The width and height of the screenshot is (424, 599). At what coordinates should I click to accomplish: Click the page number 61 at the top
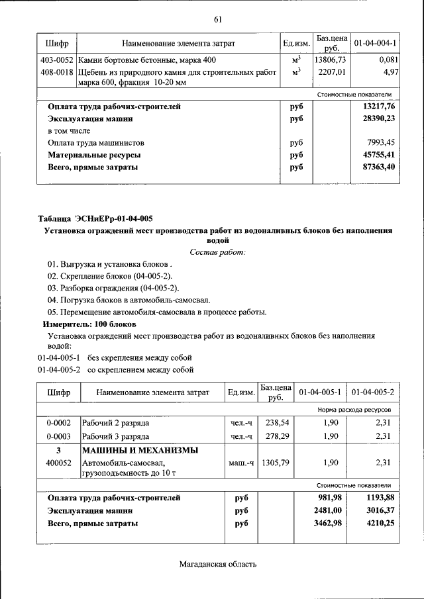coord(217,19)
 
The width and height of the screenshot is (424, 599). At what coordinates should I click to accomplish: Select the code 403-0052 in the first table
coord(56,60)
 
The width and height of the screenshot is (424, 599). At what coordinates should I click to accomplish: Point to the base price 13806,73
coord(329,60)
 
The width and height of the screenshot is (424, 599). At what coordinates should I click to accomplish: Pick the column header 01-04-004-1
coord(375,43)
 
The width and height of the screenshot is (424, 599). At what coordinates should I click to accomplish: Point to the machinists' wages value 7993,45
coord(382,143)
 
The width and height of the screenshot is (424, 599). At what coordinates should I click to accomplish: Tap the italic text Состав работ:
coord(217,252)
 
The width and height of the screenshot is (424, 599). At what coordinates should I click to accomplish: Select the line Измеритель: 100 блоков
coord(89,324)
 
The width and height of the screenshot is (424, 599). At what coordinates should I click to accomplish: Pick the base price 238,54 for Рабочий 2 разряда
coord(276,422)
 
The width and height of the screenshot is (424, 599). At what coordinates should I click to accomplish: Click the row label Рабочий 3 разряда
coord(115,436)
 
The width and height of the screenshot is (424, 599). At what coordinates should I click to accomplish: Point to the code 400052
coord(58,463)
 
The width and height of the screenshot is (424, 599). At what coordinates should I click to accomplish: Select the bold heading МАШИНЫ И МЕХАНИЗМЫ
coord(140,451)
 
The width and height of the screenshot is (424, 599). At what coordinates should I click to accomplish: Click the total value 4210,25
coord(378,524)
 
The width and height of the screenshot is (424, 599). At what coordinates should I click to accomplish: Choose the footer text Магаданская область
coord(217,564)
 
